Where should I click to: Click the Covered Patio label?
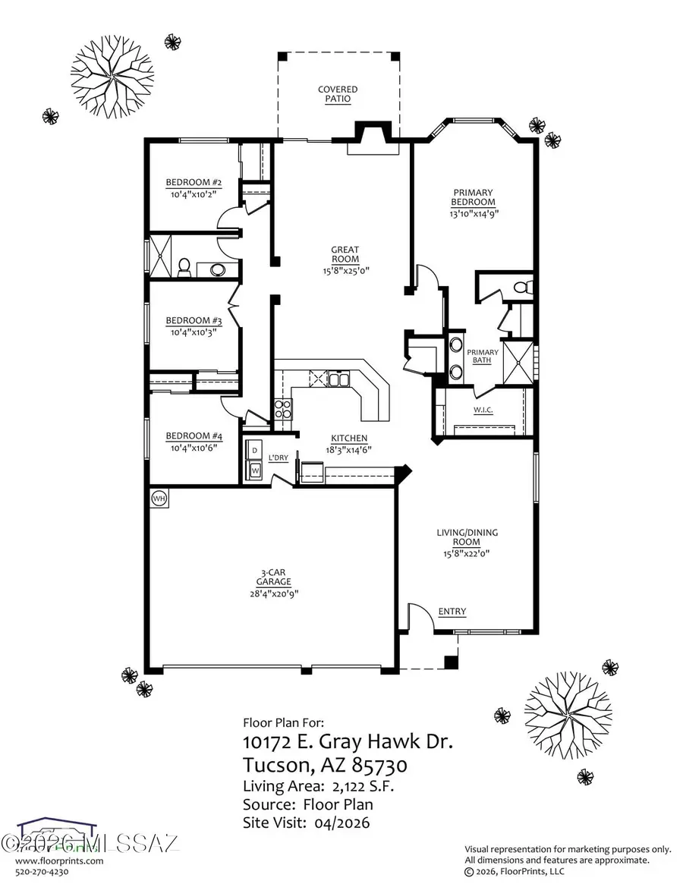click(338, 94)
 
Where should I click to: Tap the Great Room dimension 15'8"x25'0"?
click(345, 270)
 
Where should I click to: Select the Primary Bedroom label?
click(473, 197)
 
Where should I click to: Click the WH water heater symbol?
click(159, 499)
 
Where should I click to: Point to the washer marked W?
click(255, 470)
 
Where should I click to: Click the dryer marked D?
click(255, 449)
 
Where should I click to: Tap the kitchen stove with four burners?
click(282, 410)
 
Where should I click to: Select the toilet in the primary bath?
click(522, 288)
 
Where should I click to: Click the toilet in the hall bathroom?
click(184, 266)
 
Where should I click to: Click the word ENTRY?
click(452, 612)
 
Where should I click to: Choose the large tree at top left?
click(112, 74)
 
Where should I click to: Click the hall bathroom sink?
click(218, 269)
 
